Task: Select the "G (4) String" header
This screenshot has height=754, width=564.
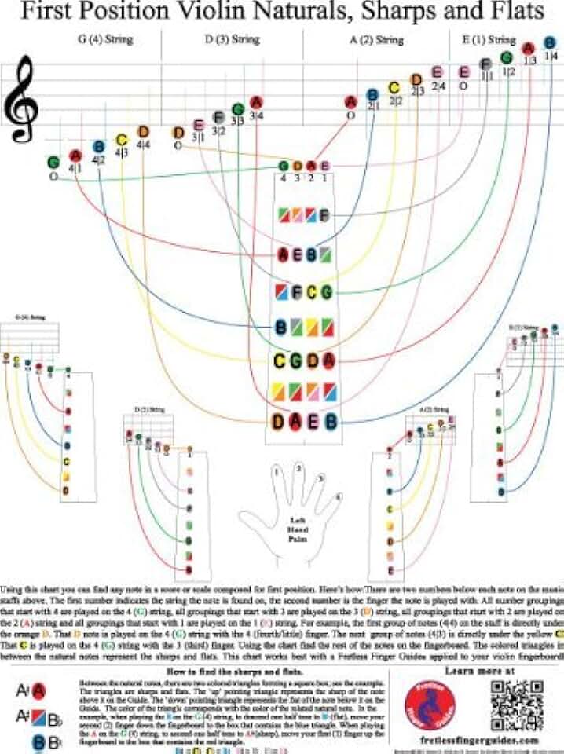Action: coord(105,39)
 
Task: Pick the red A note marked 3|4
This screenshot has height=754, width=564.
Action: coord(255,102)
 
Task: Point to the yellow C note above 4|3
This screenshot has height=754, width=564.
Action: coord(121,140)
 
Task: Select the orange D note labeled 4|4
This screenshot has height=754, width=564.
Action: coord(143,132)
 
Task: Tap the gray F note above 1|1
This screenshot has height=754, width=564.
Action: coord(486,64)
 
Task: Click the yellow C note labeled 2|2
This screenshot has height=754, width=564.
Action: coord(394,87)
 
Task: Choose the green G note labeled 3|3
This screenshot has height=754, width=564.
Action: coord(237,109)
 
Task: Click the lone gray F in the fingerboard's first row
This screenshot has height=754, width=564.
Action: coord(324,215)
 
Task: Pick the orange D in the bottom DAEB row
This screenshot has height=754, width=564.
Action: coord(279,421)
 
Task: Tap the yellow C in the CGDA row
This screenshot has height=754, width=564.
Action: coord(279,361)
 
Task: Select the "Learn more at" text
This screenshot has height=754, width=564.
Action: coord(479,650)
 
